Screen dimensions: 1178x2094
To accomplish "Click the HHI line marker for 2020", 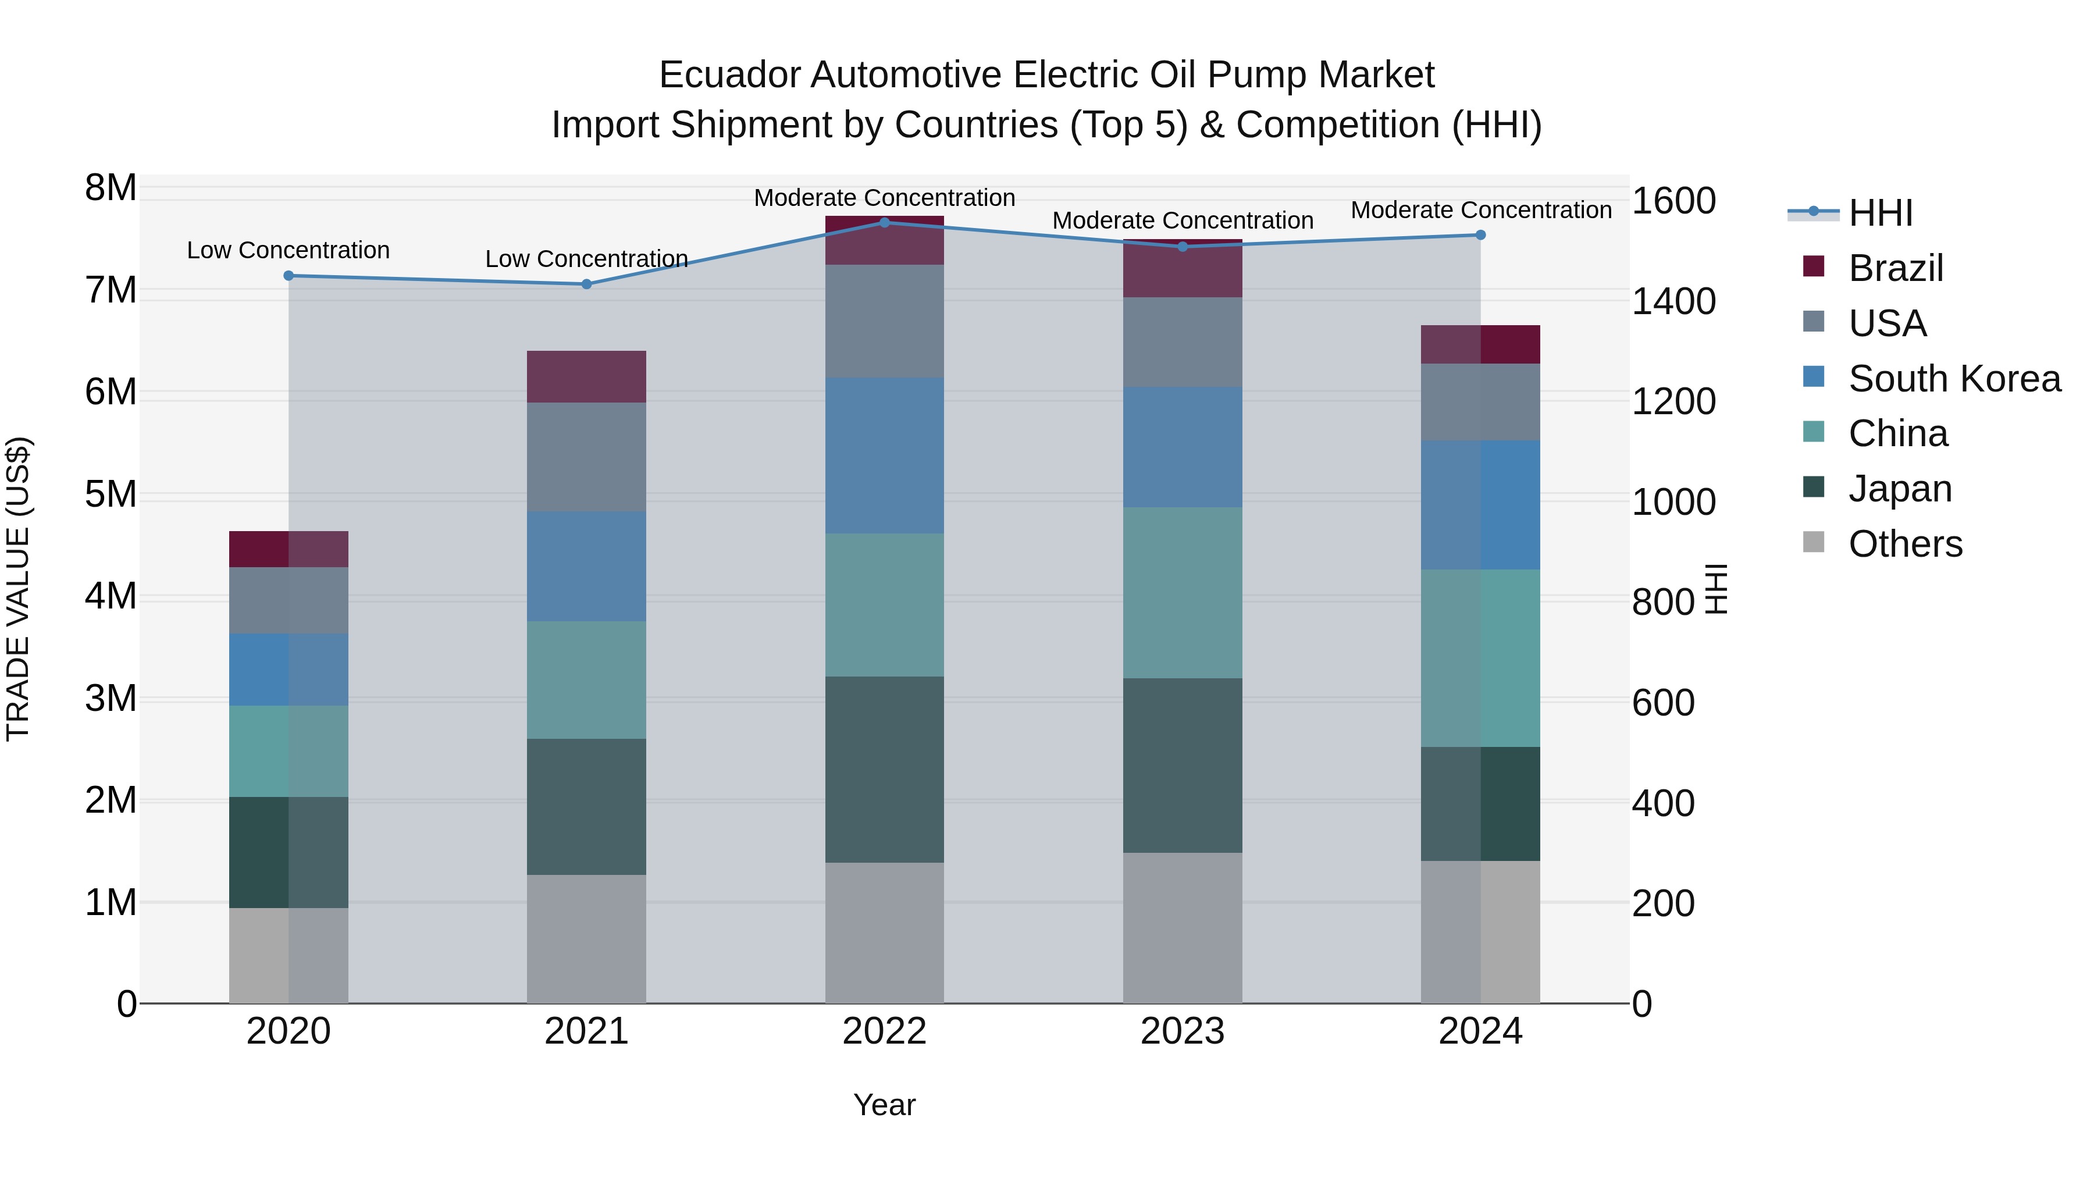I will pyautogui.click(x=289, y=276).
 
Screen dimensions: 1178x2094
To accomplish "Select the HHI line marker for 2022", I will pyautogui.click(x=884, y=222).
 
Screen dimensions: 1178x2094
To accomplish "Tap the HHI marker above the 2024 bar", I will pyautogui.click(x=1480, y=235).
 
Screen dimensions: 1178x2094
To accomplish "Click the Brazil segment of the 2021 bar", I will pyautogui.click(x=586, y=376).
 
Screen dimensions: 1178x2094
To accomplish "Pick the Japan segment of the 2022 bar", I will pyautogui.click(x=884, y=769).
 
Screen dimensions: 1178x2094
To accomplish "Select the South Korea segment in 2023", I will pyautogui.click(x=1182, y=447).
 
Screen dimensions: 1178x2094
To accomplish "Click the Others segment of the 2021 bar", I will pyautogui.click(x=586, y=938).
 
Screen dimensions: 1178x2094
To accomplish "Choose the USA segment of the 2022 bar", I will pyautogui.click(x=884, y=321).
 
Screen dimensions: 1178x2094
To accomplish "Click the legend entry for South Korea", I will pyautogui.click(x=1954, y=379).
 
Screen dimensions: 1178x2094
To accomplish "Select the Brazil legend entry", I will pyautogui.click(x=1895, y=268).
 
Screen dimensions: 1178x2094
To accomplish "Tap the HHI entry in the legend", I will pyautogui.click(x=1879, y=213).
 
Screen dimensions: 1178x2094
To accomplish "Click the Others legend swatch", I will pyautogui.click(x=1814, y=542).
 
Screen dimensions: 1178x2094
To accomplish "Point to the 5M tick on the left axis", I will pyautogui.click(x=111, y=494).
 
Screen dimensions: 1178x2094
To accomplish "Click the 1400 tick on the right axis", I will pyautogui.click(x=1673, y=301).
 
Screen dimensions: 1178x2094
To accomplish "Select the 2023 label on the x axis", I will pyautogui.click(x=1182, y=1031).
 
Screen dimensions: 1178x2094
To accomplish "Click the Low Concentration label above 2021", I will pyautogui.click(x=586, y=258).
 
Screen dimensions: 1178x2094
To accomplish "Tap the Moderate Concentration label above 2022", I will pyautogui.click(x=884, y=198).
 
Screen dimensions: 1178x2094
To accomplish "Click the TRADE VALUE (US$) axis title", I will pyautogui.click(x=18, y=589).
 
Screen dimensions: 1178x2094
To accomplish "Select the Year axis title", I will pyautogui.click(x=884, y=1105).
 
